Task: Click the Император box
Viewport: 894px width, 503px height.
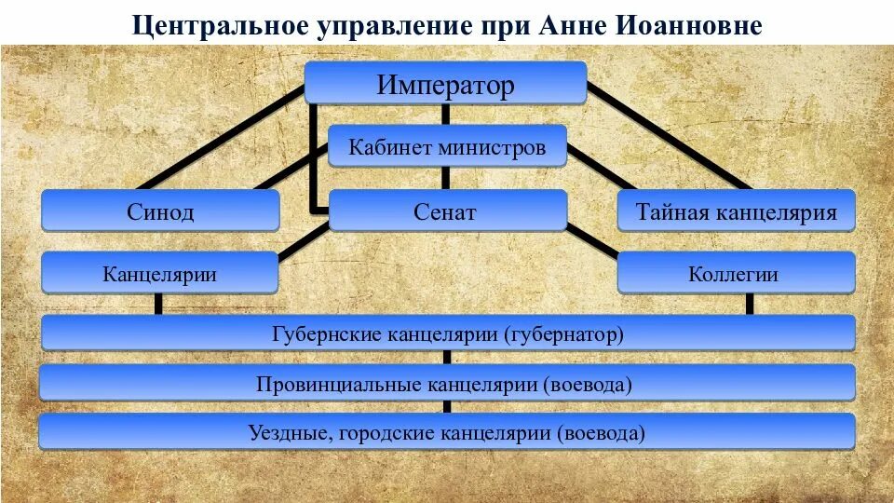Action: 445,85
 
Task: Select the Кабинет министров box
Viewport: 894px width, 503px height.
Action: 447,146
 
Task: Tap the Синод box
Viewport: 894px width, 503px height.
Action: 160,211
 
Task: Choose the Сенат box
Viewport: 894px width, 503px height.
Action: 447,211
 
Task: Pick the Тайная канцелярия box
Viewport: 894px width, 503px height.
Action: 736,211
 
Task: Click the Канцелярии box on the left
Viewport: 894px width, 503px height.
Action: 160,274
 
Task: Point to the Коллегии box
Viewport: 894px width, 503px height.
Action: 736,274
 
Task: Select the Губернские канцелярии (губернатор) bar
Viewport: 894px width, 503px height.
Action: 447,333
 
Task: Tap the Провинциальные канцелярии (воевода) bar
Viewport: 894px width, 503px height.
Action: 447,383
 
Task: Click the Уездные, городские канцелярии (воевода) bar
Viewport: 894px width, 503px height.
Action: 447,432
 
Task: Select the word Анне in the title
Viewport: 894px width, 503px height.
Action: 570,24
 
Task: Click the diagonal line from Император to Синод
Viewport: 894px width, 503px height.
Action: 223,140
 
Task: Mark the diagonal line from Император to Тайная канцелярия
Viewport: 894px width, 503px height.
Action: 670,140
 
